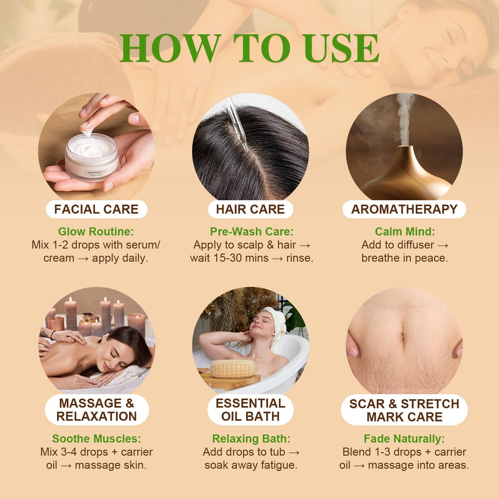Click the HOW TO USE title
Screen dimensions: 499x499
coord(249,48)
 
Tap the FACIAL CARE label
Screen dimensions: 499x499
coord(96,209)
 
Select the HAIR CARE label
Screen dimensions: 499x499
coord(250,209)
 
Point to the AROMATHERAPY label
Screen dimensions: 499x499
coord(404,209)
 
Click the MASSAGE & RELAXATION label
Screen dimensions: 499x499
coord(97,409)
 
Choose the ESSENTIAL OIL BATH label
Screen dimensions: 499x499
coord(250,409)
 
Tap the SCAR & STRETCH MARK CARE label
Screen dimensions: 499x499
coord(404,410)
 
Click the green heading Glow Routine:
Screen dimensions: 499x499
coord(96,231)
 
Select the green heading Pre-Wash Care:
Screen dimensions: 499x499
coord(251,231)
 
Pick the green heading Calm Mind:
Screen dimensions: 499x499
coord(405,231)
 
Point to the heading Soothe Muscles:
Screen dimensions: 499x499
coord(96,439)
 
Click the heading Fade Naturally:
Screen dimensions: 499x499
coord(404,439)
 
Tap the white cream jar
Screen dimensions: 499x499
coord(92,157)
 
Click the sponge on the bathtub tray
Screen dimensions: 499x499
coord(233,368)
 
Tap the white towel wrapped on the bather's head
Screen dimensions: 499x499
coord(277,325)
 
